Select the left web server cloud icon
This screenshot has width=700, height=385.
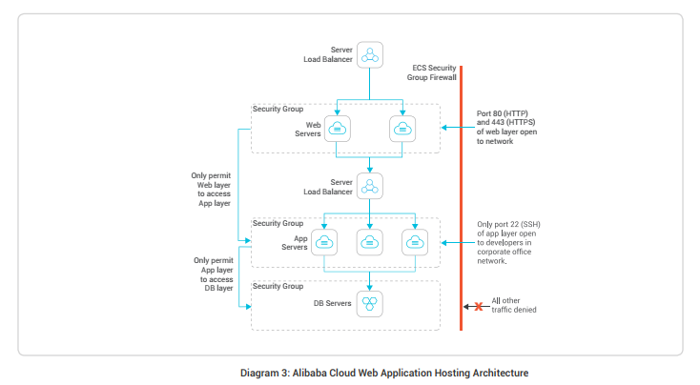tap(337, 129)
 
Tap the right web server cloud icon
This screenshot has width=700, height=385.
tap(402, 129)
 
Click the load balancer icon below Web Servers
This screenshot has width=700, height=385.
tap(369, 185)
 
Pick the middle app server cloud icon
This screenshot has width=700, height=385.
tap(369, 242)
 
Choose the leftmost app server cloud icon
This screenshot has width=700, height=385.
tap(324, 242)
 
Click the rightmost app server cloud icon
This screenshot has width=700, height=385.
tap(414, 242)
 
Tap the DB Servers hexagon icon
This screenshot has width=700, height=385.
tap(369, 304)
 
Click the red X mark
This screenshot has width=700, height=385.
tap(478, 306)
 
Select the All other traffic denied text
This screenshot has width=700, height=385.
tap(515, 306)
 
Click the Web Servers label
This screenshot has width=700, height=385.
tap(307, 129)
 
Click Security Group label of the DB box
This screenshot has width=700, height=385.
tap(278, 286)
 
